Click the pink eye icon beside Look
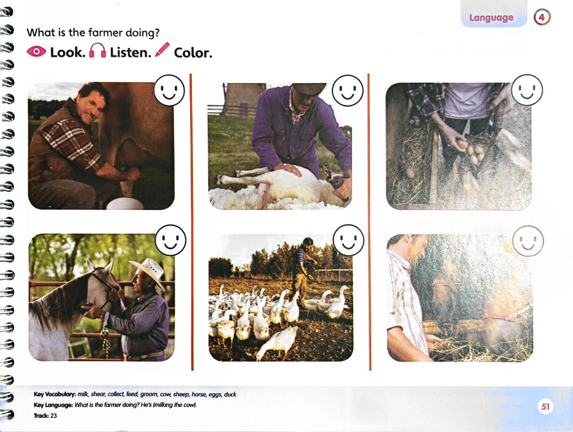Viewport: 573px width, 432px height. coord(36,51)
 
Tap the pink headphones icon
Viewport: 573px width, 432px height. coord(98,50)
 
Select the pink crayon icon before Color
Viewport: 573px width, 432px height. coord(162,50)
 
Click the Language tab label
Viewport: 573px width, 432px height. coord(491,17)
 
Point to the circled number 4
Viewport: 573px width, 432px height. coord(542,17)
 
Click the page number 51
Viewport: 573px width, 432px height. coord(545,407)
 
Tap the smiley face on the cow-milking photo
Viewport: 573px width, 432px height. coord(169,90)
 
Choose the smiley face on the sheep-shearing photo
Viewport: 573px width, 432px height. coord(347,90)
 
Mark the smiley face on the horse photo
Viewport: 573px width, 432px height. coord(171,240)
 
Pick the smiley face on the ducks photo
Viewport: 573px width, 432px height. coord(348,240)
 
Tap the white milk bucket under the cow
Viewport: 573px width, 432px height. coord(126,203)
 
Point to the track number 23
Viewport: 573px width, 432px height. coord(54,416)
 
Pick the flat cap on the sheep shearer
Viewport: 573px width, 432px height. coord(309,89)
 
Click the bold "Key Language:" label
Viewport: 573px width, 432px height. coord(53,405)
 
